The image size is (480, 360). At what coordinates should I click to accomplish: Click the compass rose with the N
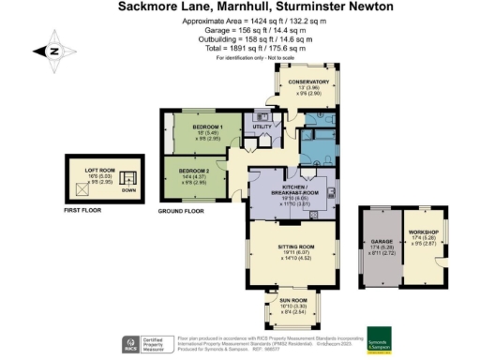52,52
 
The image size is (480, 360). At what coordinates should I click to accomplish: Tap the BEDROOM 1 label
206,126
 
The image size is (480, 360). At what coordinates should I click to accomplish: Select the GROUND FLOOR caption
181,211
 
